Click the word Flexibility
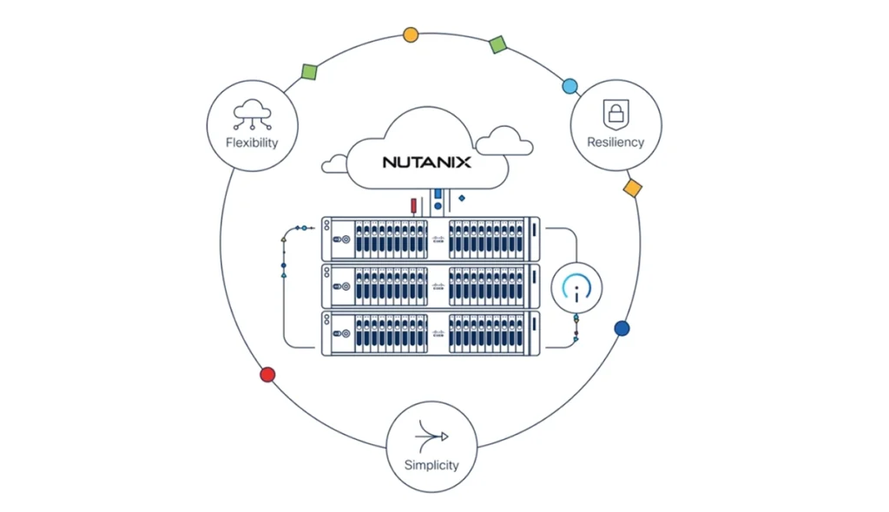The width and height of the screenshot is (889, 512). (x=252, y=141)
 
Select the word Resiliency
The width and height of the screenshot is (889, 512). (x=616, y=141)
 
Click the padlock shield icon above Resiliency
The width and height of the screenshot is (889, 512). (x=616, y=113)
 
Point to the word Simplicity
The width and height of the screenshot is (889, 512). (x=431, y=464)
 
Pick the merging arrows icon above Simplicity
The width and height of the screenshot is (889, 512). (x=431, y=435)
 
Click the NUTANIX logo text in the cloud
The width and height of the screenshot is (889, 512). (x=426, y=161)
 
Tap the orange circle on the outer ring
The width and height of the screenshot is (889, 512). (x=411, y=36)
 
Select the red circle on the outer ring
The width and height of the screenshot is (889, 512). (x=267, y=375)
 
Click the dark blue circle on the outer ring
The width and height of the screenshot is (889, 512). (x=622, y=329)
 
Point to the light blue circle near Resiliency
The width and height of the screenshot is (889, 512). (x=570, y=86)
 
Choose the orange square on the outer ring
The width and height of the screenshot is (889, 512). (x=633, y=187)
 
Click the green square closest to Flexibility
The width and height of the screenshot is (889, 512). (x=308, y=71)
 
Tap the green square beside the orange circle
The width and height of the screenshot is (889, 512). (x=497, y=44)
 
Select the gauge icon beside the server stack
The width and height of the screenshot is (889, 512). (x=576, y=287)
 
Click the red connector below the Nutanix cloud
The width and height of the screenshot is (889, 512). (x=413, y=206)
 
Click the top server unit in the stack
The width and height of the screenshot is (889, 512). (x=430, y=239)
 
